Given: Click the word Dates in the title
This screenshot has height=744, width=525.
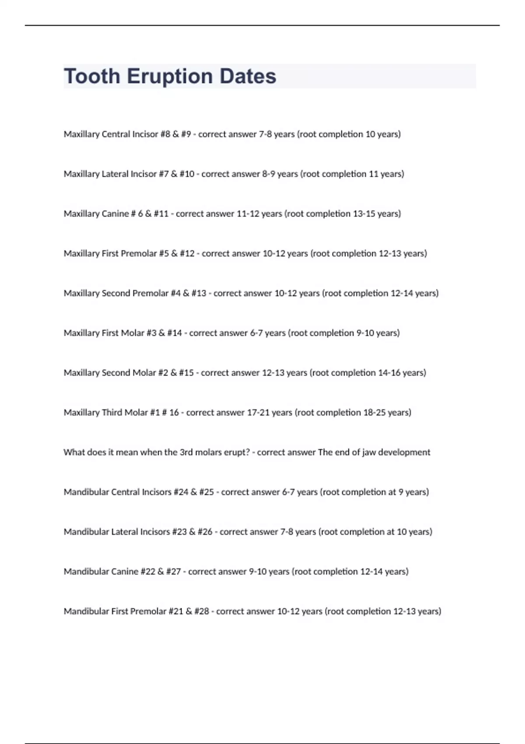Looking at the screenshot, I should click(248, 77).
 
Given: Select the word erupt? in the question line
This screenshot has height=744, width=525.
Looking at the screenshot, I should click(237, 453).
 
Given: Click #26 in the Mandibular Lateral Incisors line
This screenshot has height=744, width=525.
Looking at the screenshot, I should click(205, 532).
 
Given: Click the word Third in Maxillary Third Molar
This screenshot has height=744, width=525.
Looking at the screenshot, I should click(112, 413).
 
